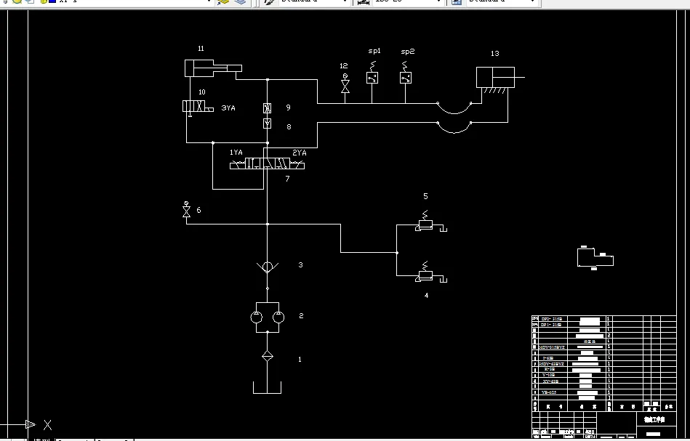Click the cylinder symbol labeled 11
(207, 68)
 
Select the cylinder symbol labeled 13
(494, 77)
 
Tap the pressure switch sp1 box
(372, 78)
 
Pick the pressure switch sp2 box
(405, 78)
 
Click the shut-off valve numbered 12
(345, 87)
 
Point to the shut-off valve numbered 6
(187, 211)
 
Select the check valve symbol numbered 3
(268, 266)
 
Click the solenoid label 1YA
(236, 153)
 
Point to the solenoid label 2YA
(300, 153)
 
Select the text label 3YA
(228, 108)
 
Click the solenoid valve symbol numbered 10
(192, 106)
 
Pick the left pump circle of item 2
(256, 317)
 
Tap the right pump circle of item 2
(278, 317)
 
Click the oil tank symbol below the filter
(267, 388)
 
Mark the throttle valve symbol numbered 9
(268, 108)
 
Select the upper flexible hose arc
(454, 110)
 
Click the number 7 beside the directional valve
(287, 179)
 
